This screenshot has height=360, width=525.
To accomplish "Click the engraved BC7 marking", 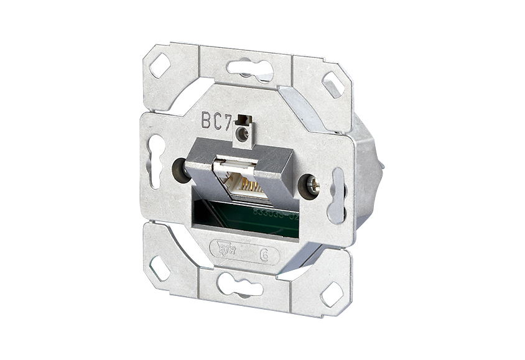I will point(216,120).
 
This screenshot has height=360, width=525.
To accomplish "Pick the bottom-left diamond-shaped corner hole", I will point(159,268).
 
